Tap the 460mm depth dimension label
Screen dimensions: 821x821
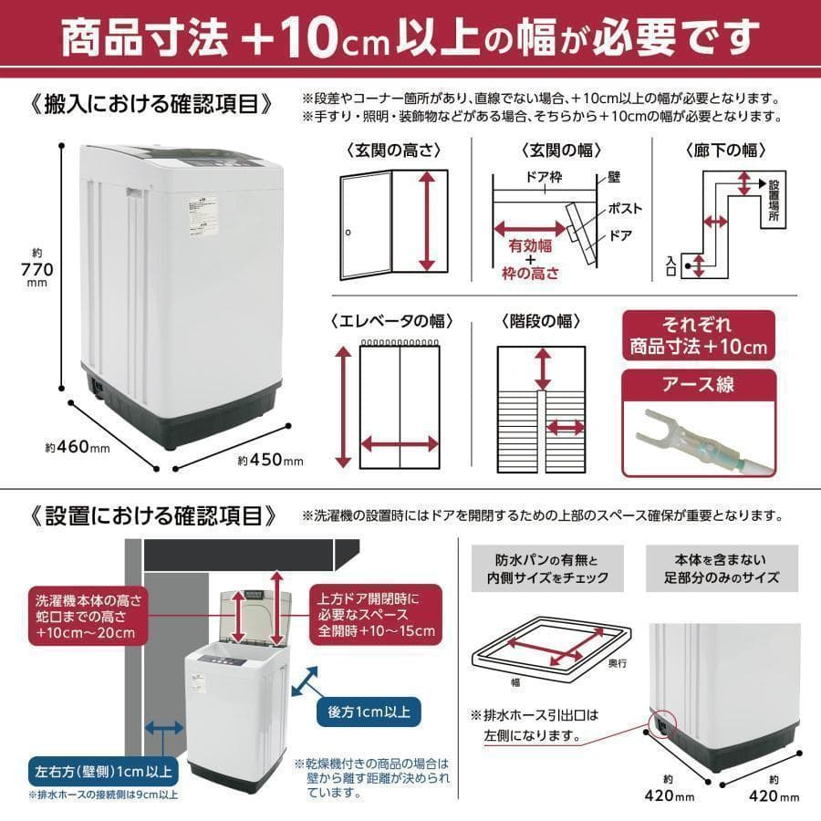(x=78, y=447)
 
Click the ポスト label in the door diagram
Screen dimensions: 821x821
(x=625, y=209)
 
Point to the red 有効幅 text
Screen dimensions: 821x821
(x=529, y=244)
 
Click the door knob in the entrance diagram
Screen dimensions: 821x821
(x=348, y=234)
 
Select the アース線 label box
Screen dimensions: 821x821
(x=698, y=384)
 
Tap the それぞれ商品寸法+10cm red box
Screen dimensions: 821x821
(x=698, y=336)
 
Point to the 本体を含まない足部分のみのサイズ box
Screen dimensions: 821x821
(x=722, y=568)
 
